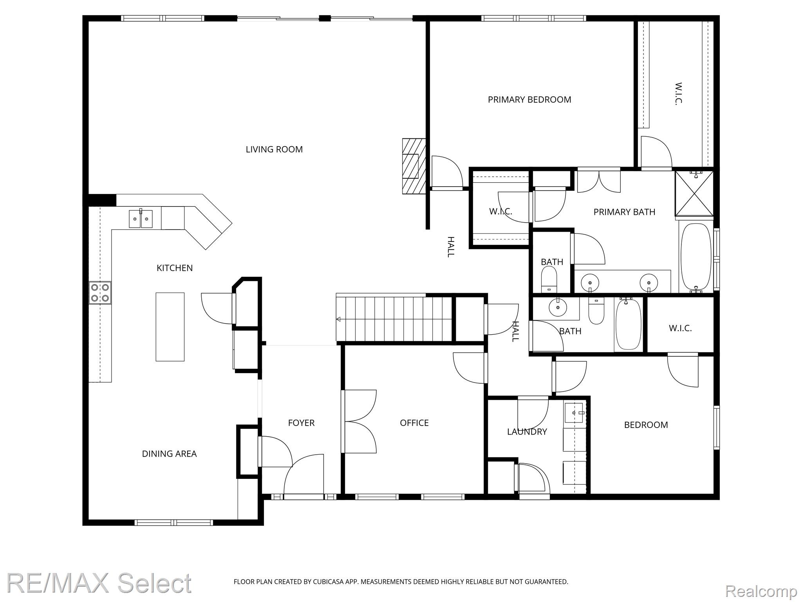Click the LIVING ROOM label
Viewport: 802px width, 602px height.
coord(274,149)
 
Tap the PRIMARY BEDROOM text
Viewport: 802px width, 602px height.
coord(529,100)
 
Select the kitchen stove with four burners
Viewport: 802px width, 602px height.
coord(100,293)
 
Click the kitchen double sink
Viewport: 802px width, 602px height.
coord(141,219)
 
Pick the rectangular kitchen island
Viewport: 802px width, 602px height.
coord(170,326)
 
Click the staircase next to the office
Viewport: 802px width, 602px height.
coord(394,319)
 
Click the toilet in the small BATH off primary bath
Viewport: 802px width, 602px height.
coord(549,279)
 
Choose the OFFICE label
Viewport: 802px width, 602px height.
coord(414,423)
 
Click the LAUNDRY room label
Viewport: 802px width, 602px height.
coord(527,432)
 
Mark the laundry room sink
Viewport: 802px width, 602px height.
coord(574,412)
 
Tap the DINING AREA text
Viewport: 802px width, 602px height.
coord(169,454)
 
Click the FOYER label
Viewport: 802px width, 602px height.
coord(301,423)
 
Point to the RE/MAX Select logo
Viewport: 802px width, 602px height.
coord(99,583)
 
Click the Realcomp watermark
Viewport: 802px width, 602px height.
coord(761,591)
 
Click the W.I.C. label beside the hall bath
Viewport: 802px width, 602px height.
coord(680,328)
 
